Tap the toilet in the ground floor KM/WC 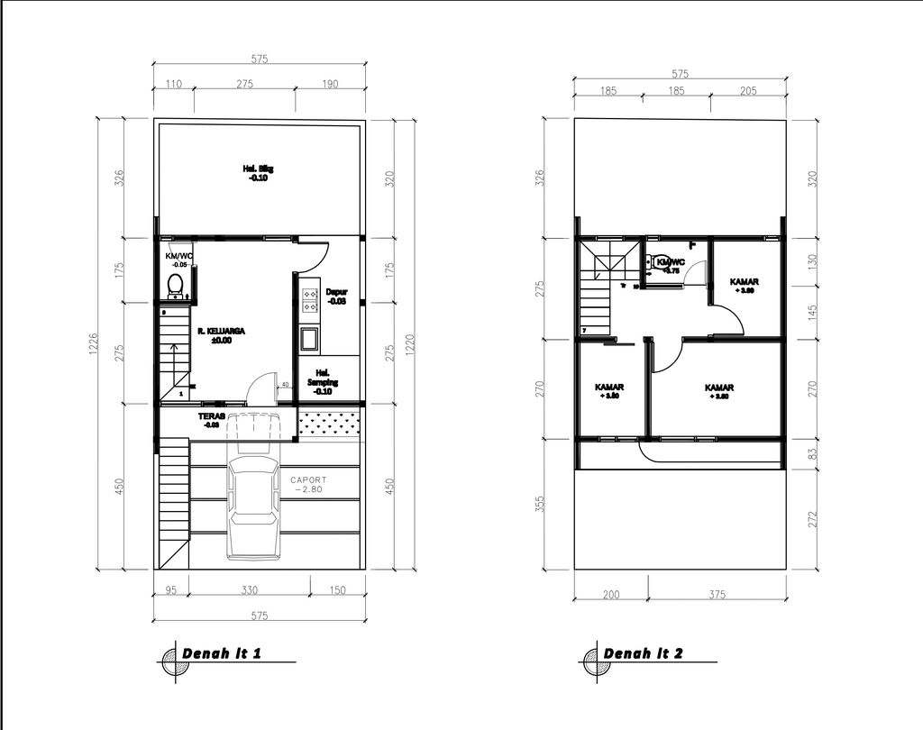(x=176, y=286)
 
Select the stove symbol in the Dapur (x=310, y=300)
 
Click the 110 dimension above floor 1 (x=174, y=84)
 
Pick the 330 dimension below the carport (x=250, y=591)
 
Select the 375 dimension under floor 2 (x=717, y=594)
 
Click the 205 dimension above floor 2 (x=747, y=91)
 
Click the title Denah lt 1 (x=222, y=653)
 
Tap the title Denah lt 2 (x=643, y=653)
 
